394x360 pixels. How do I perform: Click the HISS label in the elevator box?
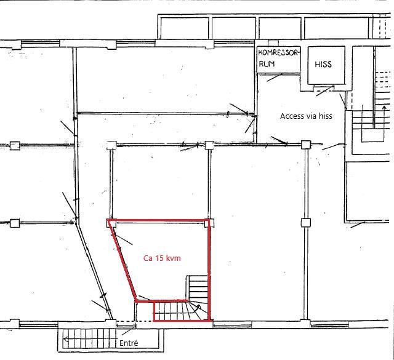coord(323,65)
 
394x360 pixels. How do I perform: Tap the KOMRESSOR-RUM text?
coord(278,58)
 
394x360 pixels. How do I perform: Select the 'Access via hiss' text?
coord(306,116)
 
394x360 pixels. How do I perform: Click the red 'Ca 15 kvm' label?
coord(162,258)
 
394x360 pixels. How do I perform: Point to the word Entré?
coord(129,343)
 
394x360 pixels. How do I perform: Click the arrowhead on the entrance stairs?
coord(65,339)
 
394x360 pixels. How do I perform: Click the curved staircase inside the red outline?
coord(182,311)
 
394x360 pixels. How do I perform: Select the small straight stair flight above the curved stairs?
coord(198,288)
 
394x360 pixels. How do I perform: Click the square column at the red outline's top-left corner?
coord(111,223)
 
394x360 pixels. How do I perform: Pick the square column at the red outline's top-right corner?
coord(209,223)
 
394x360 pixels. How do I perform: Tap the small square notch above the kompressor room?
coord(273,43)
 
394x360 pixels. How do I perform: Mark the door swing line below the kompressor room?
coord(275,78)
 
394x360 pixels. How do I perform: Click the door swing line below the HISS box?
coord(324,91)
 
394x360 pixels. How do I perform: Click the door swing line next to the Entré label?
coord(129,331)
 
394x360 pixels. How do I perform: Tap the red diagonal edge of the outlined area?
coord(122,260)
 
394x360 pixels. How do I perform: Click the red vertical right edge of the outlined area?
coord(209,270)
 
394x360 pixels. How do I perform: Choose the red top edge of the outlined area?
coord(159,220)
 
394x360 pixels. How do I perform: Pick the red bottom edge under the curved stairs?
coord(182,320)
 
